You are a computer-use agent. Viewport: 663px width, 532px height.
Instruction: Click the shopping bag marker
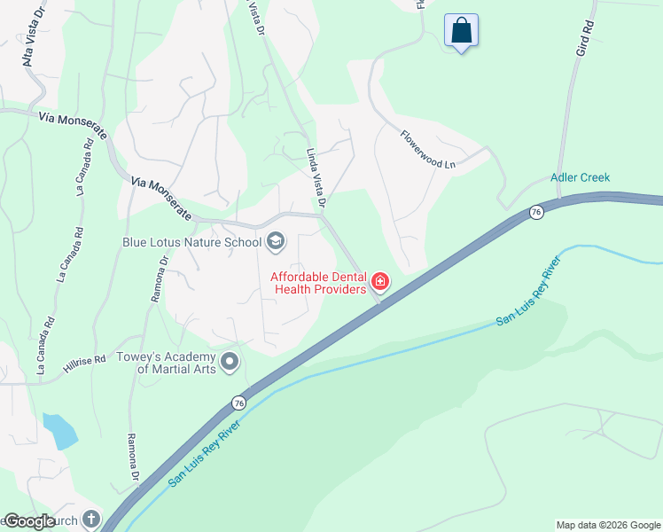[461, 31]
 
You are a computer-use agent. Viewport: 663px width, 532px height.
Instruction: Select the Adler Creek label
[580, 177]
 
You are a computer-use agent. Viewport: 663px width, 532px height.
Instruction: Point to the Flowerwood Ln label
[427, 151]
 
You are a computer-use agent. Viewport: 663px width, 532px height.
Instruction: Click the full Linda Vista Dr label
[316, 179]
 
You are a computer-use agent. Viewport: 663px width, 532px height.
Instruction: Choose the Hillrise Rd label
[85, 358]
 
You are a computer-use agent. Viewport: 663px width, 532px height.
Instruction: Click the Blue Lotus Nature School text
[191, 241]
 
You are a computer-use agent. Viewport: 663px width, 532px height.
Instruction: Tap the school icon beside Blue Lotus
[275, 241]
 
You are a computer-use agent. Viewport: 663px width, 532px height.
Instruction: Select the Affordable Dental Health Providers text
[318, 283]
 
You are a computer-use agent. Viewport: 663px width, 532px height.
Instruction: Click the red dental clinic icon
[380, 283]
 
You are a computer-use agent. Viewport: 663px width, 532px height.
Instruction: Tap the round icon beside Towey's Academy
[230, 362]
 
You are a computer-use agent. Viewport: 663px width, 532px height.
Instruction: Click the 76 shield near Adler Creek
[535, 212]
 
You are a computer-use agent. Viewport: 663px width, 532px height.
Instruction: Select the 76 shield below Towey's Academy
[239, 403]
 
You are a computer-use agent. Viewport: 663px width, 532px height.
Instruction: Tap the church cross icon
[91, 520]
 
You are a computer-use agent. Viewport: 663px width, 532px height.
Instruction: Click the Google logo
[29, 522]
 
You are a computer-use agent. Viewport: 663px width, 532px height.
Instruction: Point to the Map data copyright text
[607, 525]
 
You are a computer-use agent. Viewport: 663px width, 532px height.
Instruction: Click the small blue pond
[59, 430]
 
